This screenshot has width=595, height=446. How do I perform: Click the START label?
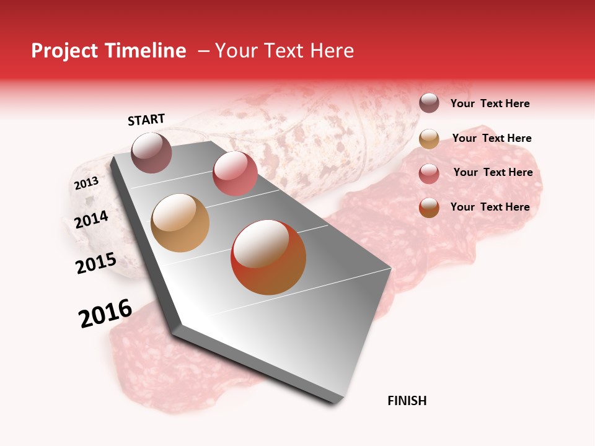click(146, 120)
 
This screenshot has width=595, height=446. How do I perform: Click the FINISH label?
click(407, 401)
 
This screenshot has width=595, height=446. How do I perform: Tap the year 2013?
click(86, 183)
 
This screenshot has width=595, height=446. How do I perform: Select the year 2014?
click(91, 219)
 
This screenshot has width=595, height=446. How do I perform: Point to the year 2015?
click(95, 263)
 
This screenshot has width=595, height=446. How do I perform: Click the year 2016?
click(105, 313)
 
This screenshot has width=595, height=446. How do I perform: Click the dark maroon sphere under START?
click(151, 152)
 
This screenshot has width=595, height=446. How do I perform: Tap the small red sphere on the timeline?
click(235, 173)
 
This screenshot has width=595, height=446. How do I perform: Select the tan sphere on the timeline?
click(180, 223)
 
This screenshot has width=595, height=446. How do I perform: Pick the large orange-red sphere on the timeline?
click(268, 257)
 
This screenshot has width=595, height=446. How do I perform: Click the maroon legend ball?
click(429, 103)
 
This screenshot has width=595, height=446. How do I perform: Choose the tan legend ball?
click(429, 139)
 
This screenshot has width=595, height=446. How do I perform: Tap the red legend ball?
click(429, 173)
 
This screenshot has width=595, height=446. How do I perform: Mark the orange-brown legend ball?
click(429, 208)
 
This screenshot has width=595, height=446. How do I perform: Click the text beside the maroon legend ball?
click(490, 104)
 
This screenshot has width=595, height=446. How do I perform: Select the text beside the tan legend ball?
click(491, 138)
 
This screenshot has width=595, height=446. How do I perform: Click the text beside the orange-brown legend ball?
click(490, 207)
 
